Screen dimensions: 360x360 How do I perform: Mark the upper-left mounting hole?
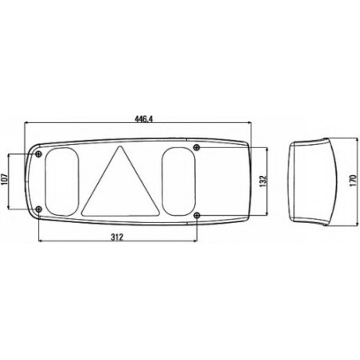click(38, 154)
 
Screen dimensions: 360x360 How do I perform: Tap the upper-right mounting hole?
click(197, 147)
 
